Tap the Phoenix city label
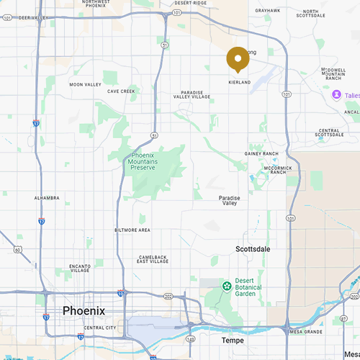point(84,310)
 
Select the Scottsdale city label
point(256,248)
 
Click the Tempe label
point(232,340)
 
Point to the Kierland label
point(238,83)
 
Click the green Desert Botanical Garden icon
point(227,287)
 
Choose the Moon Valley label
point(85,84)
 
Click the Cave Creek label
point(121,91)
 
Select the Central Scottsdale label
point(329,133)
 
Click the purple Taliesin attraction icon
point(336,95)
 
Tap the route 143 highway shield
point(189,337)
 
